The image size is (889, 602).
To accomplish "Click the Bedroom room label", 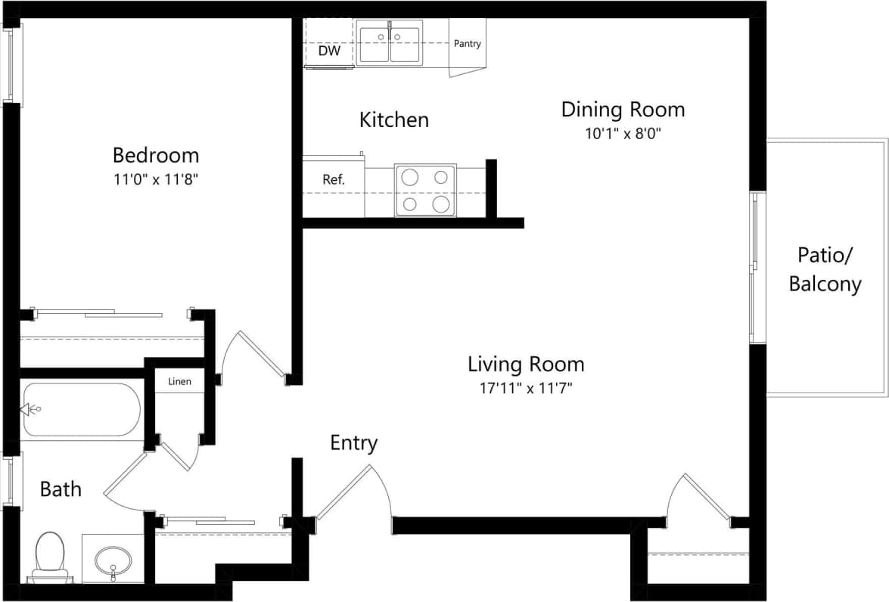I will [156, 155].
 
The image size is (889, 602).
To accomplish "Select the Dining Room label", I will [623, 110].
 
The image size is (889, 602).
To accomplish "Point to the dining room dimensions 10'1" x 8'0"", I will [623, 134].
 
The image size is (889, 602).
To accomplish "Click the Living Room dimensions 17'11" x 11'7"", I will [526, 389].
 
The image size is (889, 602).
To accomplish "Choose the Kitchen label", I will [393, 119].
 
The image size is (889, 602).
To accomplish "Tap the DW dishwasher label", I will [328, 51].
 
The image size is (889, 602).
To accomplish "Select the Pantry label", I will [467, 44].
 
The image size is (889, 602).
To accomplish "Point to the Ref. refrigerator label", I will [333, 180].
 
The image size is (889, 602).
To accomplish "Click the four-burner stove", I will [425, 191].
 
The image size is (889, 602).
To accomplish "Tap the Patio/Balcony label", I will [825, 269].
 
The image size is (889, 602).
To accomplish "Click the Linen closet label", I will [179, 381].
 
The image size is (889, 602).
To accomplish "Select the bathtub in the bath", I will [81, 410].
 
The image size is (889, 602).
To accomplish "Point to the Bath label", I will [61, 489].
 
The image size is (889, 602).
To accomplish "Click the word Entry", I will [353, 443].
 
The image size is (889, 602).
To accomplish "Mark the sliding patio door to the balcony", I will [757, 268].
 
